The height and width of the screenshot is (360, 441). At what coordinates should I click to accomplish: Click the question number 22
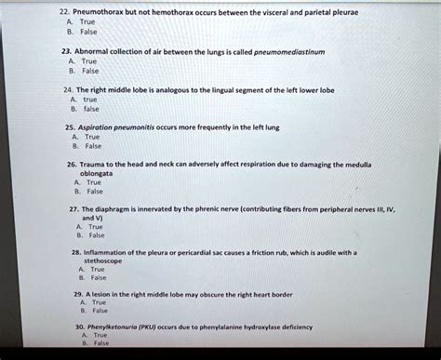63,13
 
